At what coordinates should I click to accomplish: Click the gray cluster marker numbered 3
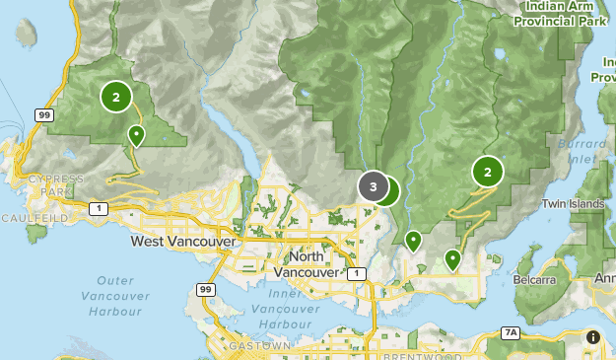pos(373,185)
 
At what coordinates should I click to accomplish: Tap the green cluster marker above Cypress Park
pos(116,96)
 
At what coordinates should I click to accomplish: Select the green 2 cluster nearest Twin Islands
pos(487,172)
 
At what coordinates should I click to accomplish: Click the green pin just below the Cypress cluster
pos(136,135)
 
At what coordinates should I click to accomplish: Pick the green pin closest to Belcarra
pos(452,259)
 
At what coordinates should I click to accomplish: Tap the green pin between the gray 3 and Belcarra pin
pos(413,240)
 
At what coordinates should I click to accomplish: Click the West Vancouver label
pos(182,241)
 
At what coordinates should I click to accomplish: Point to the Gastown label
pos(256,347)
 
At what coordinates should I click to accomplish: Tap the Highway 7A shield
pos(510,333)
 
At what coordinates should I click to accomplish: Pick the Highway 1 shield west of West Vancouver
pos(98,208)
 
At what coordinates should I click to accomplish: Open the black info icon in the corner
pos(592,337)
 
